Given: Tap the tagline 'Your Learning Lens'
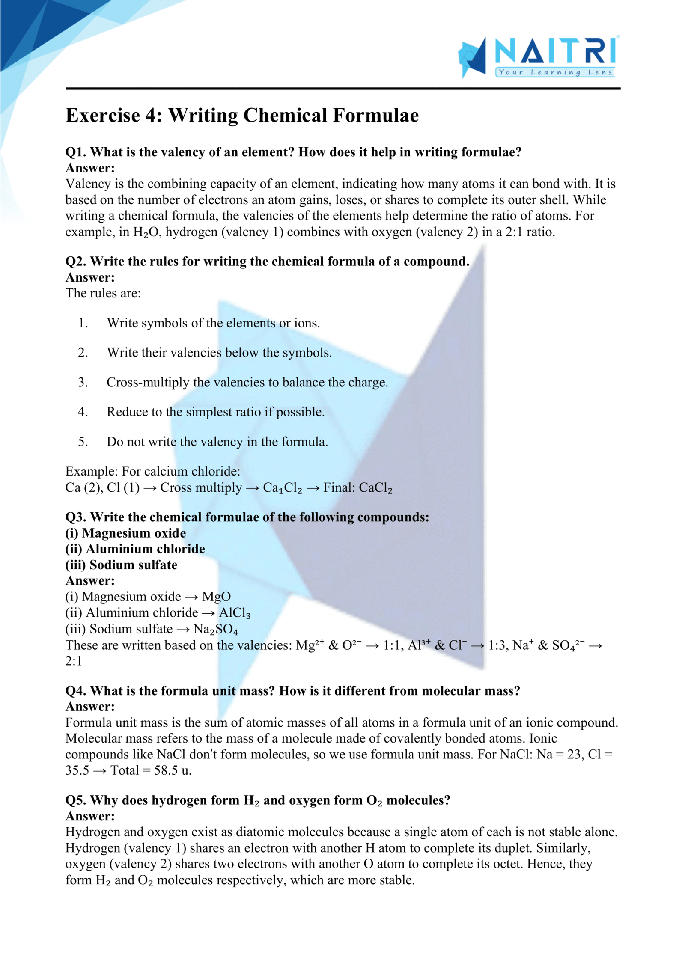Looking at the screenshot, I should [x=555, y=72].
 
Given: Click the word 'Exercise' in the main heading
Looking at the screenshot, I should [x=103, y=116].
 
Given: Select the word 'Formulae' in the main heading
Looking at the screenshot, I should [x=375, y=116].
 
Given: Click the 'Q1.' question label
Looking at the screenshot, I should [x=76, y=152].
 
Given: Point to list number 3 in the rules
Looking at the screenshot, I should [x=83, y=382].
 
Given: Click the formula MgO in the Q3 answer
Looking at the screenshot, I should [x=216, y=597].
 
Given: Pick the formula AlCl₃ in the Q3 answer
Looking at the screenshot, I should [x=235, y=613].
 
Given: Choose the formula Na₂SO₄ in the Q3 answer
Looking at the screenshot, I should [x=216, y=629].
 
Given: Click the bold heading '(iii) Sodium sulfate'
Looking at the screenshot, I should [x=121, y=565].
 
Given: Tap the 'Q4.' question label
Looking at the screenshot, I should [x=76, y=691].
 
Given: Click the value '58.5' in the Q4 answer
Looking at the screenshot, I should [x=166, y=770].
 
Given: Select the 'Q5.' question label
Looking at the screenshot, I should [x=76, y=800].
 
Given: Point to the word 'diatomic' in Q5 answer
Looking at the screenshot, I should [x=261, y=832].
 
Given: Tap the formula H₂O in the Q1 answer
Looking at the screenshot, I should [x=146, y=232].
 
